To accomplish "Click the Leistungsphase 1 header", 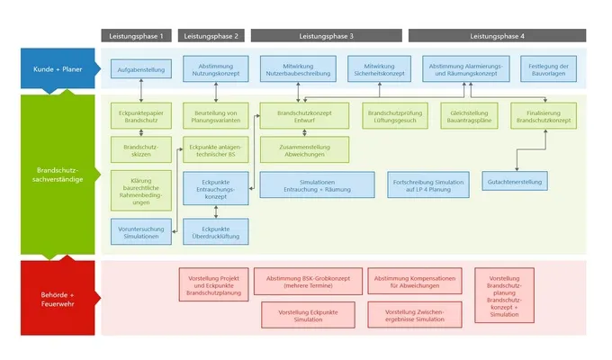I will [x=136, y=35].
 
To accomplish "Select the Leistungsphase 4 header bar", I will [x=497, y=35].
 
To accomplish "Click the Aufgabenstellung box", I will [x=141, y=68].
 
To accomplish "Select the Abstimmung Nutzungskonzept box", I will [x=215, y=68].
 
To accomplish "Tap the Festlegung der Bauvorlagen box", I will [x=550, y=68].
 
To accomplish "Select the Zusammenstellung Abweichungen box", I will [x=298, y=148].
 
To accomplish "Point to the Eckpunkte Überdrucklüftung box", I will [x=215, y=231].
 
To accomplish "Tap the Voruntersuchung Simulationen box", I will [x=141, y=231].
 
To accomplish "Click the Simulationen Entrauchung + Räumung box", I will [x=317, y=184].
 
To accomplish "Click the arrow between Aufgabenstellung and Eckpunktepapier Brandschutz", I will [x=141, y=91].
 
